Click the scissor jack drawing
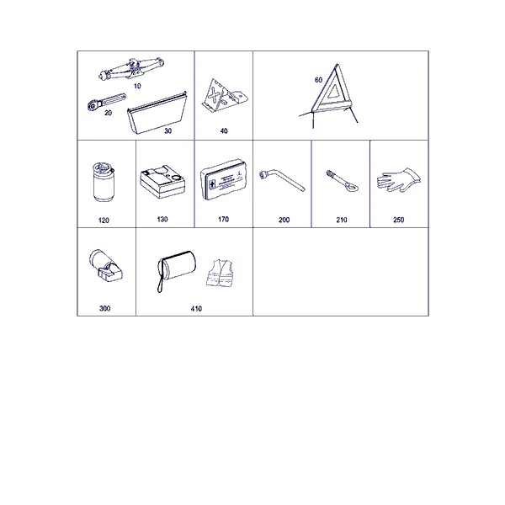point(131,69)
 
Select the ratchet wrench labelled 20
point(107,101)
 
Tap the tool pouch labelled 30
point(157,113)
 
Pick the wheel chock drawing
point(225,95)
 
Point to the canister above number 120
point(104,182)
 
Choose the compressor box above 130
point(162,182)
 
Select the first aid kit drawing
point(224,180)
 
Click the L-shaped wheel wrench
point(281,180)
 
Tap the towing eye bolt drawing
point(342,181)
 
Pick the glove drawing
point(399,180)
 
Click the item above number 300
point(106,265)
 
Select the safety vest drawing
point(220,273)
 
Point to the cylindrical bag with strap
point(177,268)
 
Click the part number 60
point(318,80)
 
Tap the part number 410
point(196,309)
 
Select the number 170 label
point(223,220)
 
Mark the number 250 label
point(398,220)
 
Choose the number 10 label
point(137,86)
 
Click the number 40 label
point(224,130)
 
